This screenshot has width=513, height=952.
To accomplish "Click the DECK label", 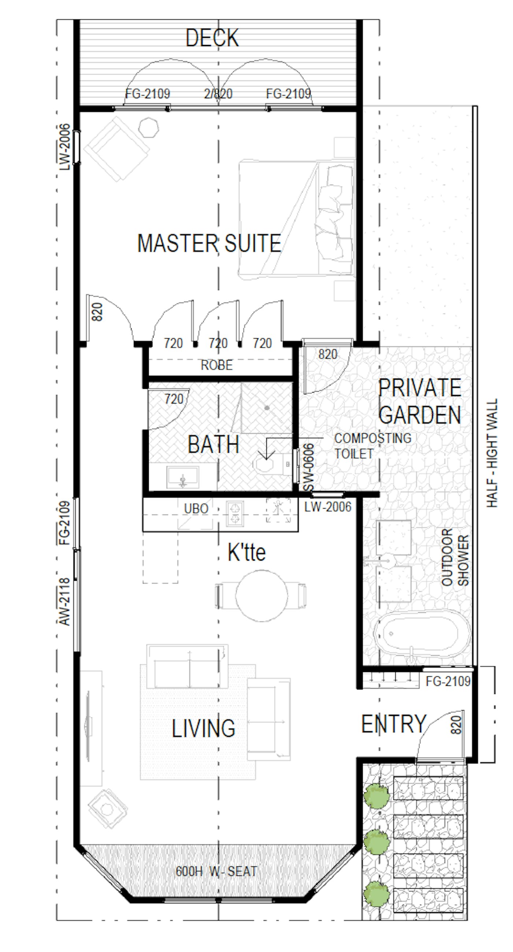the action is click(x=212, y=38).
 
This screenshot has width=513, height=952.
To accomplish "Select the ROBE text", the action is click(x=217, y=365).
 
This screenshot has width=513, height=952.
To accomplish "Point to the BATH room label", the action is click(x=213, y=444).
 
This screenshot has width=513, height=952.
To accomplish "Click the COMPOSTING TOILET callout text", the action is click(x=372, y=446).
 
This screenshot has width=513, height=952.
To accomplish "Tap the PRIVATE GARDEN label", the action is click(x=420, y=401).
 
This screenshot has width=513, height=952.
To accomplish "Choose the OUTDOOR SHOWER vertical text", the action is click(x=455, y=558).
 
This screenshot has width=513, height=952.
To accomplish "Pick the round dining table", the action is click(x=262, y=596).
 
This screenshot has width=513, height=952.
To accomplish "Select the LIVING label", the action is click(x=203, y=728).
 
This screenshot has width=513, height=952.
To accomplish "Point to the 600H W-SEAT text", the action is click(x=216, y=871).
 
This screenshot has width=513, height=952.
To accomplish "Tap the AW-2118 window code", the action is click(x=64, y=602).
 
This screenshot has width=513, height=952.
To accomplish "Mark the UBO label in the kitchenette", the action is click(x=196, y=509).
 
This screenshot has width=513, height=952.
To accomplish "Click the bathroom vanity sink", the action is click(x=183, y=477).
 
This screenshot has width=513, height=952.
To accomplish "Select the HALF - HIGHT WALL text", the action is click(x=492, y=453).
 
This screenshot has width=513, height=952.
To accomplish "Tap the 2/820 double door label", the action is click(x=218, y=93).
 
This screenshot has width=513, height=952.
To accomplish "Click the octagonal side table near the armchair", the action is click(x=149, y=127).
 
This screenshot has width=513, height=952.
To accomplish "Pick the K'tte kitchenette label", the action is click(x=246, y=552).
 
